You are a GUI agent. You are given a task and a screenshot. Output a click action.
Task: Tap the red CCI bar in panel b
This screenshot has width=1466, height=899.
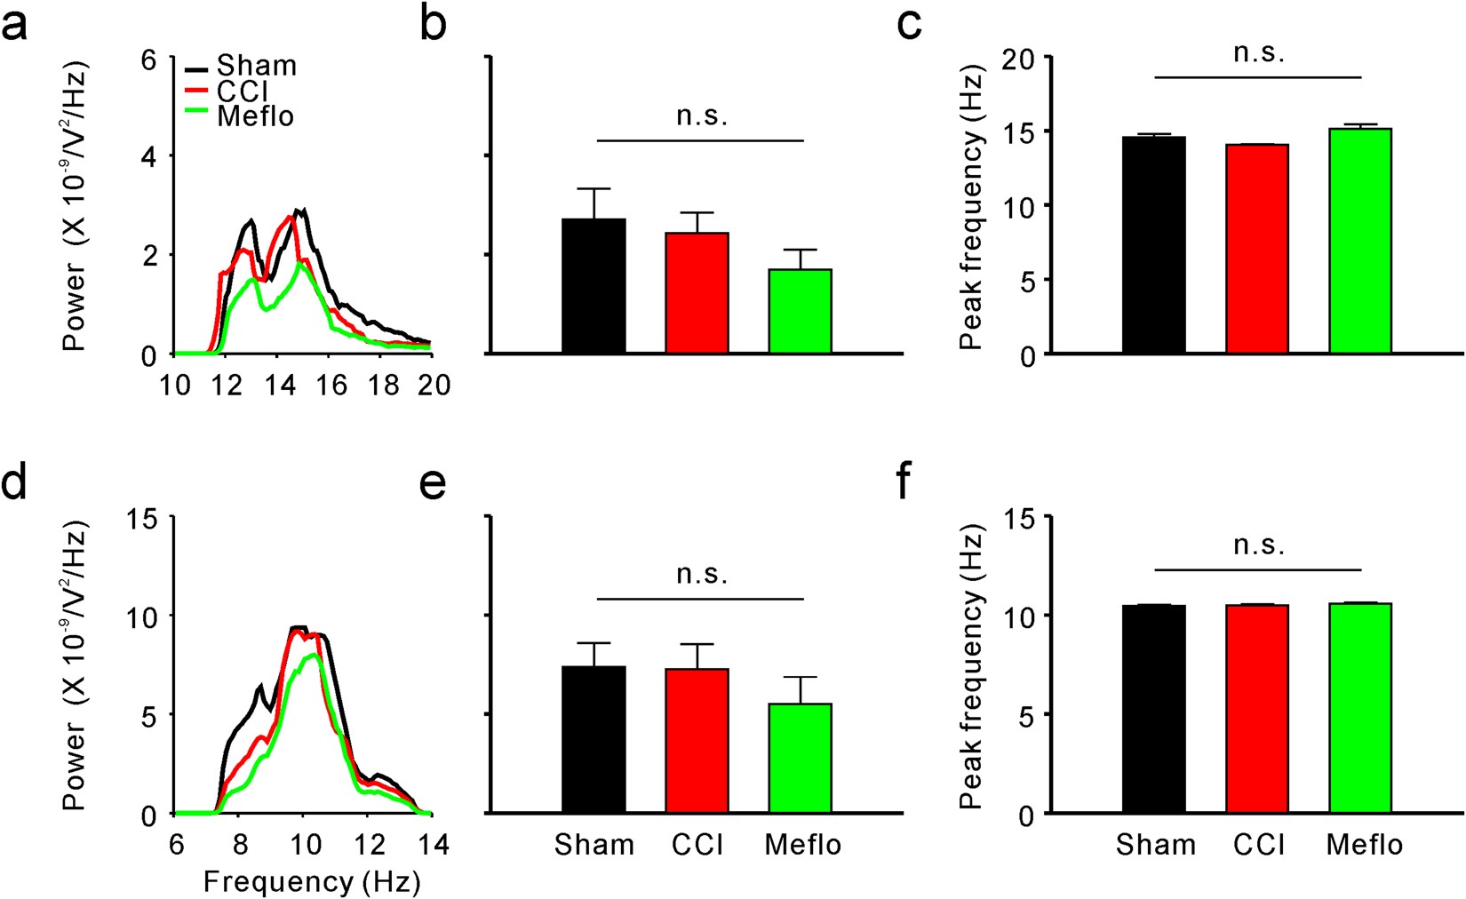click(697, 292)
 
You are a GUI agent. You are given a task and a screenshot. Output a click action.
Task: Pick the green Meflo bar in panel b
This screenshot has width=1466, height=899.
click(800, 310)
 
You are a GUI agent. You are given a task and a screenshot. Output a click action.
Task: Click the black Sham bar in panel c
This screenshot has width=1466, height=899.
click(1153, 245)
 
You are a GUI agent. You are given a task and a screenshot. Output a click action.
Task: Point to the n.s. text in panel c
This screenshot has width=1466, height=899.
click(1259, 53)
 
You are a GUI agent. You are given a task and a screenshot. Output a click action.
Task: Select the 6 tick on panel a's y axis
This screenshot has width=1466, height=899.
click(148, 60)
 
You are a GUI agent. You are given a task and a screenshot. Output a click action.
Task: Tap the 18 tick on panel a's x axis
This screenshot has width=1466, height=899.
click(384, 385)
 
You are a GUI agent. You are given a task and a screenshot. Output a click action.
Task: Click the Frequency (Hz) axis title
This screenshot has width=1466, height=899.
click(312, 881)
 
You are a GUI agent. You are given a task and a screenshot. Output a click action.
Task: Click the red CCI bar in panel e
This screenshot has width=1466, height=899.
click(697, 741)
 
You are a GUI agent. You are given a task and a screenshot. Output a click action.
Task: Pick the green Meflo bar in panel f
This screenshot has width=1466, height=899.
click(1360, 708)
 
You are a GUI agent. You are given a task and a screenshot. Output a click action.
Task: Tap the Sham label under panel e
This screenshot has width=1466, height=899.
click(594, 844)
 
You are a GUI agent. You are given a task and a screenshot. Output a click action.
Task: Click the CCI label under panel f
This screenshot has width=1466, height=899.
click(1259, 844)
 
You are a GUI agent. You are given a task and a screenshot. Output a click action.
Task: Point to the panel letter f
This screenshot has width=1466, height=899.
click(904, 484)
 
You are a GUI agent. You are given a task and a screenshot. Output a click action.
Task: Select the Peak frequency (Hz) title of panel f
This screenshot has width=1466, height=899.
click(972, 666)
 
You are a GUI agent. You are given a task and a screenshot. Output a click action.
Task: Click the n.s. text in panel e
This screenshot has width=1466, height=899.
click(702, 575)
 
